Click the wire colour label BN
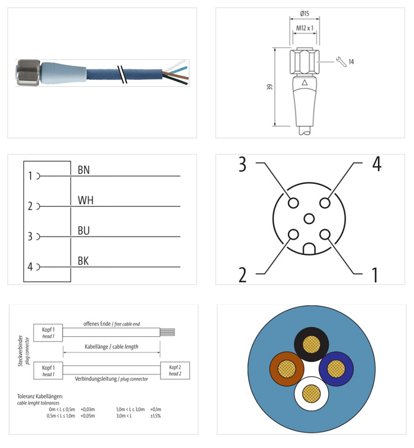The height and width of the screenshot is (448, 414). pos(83,170)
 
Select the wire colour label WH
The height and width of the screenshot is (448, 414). pos(85,200)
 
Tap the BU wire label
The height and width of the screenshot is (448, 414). pos(84,231)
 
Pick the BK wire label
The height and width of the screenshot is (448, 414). pos(83,261)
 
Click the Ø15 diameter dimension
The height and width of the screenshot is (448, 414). pos(305,14)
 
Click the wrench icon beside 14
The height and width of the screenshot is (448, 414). pos(341,62)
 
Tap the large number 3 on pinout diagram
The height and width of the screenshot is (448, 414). pos(242,165)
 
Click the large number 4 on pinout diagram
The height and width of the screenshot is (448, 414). pos(376,165)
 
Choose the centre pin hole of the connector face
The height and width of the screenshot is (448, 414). pos(309,219)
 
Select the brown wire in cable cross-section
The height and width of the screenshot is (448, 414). pos(286,369)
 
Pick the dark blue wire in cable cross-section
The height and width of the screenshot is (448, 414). pos(336,369)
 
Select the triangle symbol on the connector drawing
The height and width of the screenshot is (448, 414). pos(304,82)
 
